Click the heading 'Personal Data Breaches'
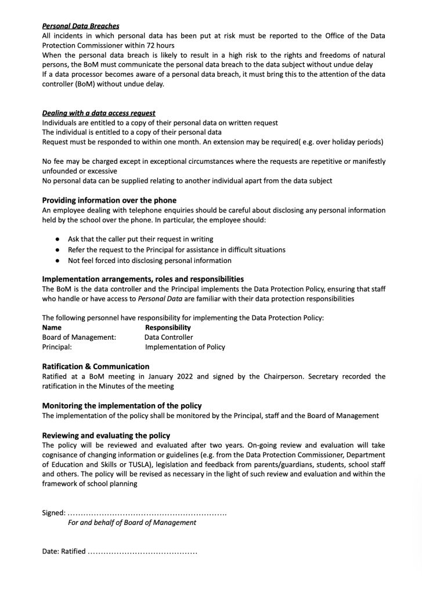tap(81, 26)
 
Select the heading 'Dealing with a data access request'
tap(99, 113)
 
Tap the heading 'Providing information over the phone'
tap(109, 200)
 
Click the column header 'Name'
tap(52, 327)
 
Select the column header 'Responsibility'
tap(168, 327)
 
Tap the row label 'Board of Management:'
tap(79, 337)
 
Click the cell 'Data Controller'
tap(169, 337)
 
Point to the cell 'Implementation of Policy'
tap(185, 347)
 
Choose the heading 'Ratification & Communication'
tap(96, 366)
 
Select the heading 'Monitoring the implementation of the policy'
tap(122, 406)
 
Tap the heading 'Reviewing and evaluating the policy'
tap(106, 435)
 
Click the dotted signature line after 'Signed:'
tap(147, 513)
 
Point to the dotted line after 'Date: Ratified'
tap(142, 552)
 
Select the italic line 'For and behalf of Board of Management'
tap(132, 523)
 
